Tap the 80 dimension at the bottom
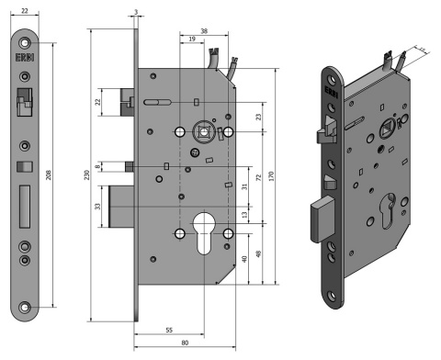click(x=186, y=343)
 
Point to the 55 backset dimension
click(x=169, y=327)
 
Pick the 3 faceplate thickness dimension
click(x=136, y=13)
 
